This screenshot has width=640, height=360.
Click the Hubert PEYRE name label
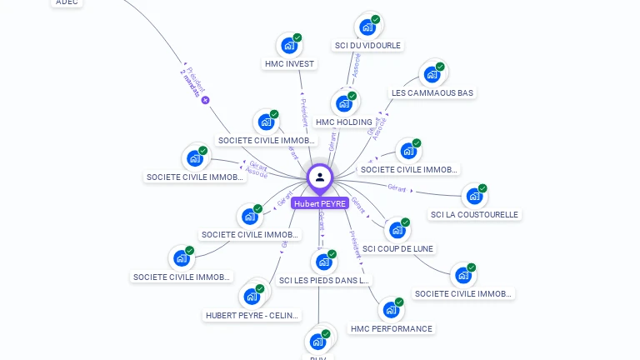point(320,203)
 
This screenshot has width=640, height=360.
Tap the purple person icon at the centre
point(320,177)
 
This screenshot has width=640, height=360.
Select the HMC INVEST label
point(289,63)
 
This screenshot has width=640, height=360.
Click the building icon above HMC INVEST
point(288,45)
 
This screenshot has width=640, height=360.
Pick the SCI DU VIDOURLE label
point(367,45)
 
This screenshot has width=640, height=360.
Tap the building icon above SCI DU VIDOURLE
point(367,27)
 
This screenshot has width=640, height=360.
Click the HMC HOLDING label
point(344,122)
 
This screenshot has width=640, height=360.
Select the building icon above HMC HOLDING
point(343,103)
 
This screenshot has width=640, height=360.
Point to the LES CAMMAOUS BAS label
point(432,92)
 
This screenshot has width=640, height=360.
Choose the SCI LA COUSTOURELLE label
point(474,214)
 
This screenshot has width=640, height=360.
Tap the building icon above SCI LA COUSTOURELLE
point(473,196)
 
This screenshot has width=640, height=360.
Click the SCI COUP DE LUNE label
point(398,248)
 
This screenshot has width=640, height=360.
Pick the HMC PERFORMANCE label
point(391,328)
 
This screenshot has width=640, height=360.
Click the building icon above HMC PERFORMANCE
point(390,310)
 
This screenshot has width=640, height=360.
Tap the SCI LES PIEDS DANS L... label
point(324,280)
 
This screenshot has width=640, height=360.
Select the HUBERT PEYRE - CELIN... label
point(252,315)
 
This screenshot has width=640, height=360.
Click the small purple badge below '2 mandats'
point(205,101)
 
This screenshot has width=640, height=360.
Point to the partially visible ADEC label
point(67,2)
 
